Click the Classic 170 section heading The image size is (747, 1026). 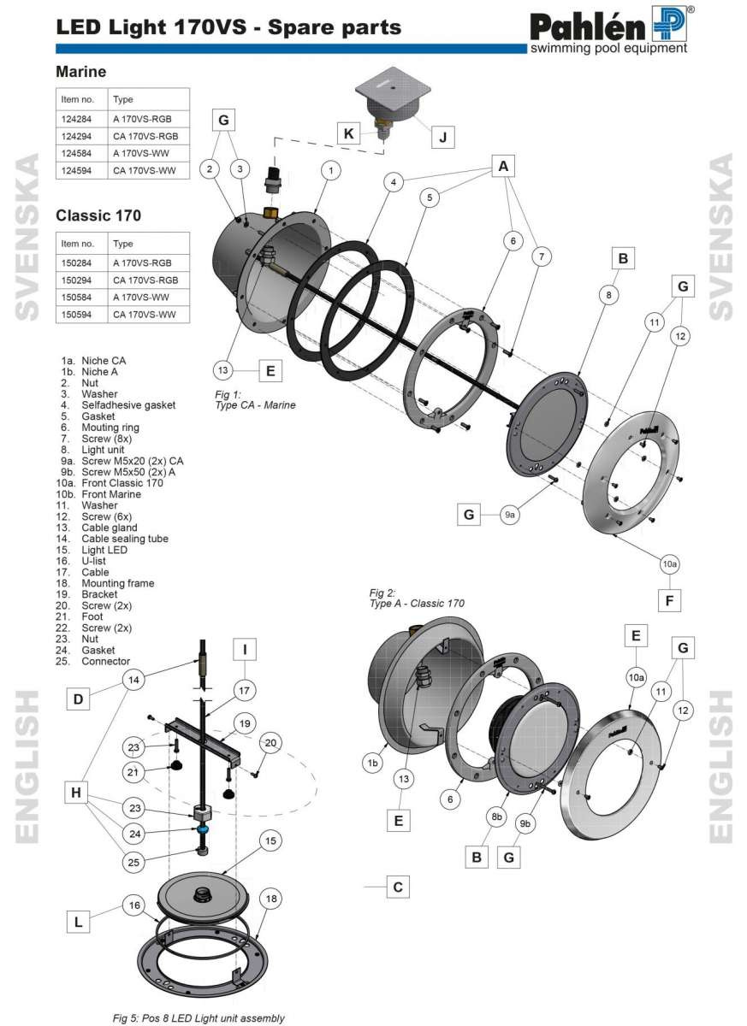click(98, 215)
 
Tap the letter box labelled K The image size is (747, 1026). click(348, 134)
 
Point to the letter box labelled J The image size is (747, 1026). click(442, 136)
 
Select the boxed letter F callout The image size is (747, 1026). click(670, 601)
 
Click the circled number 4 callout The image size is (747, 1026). click(393, 182)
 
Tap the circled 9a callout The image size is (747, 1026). click(510, 515)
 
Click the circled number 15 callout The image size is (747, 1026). click(270, 841)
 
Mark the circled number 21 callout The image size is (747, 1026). click(133, 772)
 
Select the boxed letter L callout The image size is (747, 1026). click(79, 922)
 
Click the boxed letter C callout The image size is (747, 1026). click(397, 887)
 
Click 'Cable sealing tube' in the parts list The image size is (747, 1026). click(124, 539)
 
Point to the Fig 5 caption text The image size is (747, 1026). click(198, 1018)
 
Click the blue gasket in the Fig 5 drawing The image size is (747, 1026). click(204, 829)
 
